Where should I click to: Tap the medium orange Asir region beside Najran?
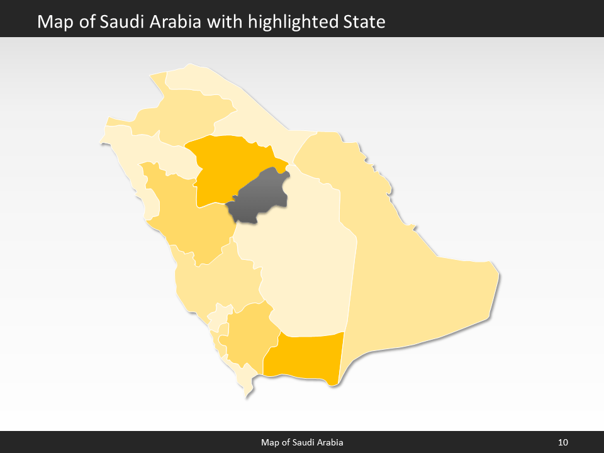click(x=249, y=333)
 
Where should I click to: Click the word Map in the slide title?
click(x=53, y=22)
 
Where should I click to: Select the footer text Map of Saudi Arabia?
click(x=302, y=442)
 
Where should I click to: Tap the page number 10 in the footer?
click(x=563, y=442)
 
